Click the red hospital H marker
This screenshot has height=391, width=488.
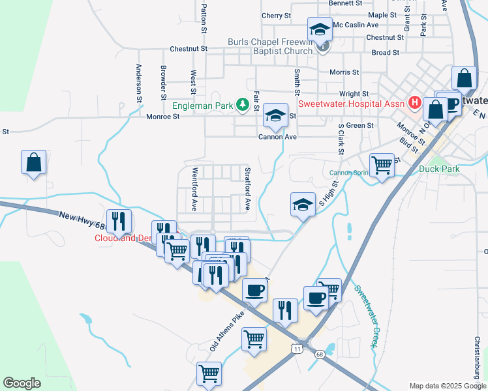413,103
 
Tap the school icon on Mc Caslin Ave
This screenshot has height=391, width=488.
320,30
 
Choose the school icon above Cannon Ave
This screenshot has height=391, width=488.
275,117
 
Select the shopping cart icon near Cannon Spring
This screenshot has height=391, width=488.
382,164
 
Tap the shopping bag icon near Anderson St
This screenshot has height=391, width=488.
33,162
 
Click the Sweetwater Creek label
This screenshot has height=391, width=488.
366,316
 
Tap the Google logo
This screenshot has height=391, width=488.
22,383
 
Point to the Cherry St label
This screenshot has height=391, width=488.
276,16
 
